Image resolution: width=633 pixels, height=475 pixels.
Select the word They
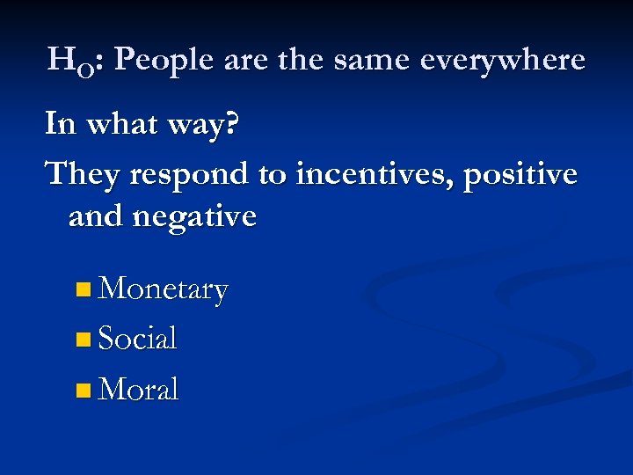[x=83, y=173]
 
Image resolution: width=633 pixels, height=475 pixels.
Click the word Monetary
[x=164, y=289]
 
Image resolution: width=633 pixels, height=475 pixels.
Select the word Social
[x=138, y=338]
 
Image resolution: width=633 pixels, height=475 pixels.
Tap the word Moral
[x=139, y=388]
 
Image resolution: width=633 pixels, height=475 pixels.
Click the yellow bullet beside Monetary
[x=83, y=289]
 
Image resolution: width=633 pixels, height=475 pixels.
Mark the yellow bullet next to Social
[x=83, y=339]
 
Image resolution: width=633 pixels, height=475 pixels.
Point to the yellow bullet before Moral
[x=83, y=389]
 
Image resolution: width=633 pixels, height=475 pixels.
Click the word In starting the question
[x=60, y=124]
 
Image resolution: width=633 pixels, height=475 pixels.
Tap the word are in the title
[x=249, y=60]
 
